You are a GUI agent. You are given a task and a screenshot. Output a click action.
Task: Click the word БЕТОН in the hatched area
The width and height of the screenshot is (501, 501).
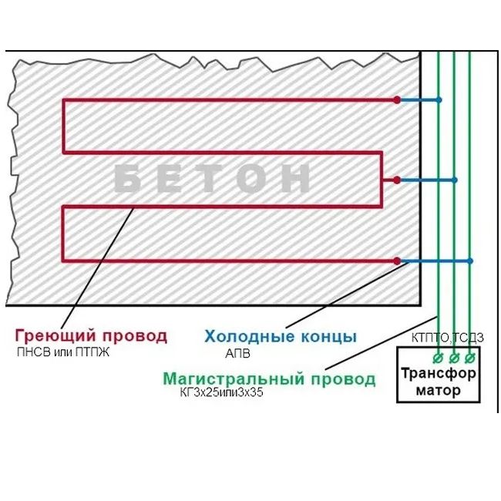click(212, 180)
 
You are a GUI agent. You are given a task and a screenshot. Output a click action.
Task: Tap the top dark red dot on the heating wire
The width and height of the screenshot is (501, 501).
click(397, 100)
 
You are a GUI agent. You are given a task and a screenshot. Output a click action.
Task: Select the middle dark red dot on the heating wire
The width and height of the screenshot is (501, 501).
click(397, 180)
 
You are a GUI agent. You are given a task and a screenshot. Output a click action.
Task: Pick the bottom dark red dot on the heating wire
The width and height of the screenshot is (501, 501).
click(397, 261)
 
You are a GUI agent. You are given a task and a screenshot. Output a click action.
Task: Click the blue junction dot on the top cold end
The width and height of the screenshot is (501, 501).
click(439, 100)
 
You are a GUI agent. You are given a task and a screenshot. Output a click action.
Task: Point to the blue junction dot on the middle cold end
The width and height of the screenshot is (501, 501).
click(455, 180)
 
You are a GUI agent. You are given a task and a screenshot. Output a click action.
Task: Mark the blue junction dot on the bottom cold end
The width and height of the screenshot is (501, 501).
click(469, 261)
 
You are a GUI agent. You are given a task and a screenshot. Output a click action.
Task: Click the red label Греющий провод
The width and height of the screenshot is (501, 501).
click(90, 336)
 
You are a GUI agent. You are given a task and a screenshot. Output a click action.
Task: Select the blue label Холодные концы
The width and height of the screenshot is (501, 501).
click(281, 336)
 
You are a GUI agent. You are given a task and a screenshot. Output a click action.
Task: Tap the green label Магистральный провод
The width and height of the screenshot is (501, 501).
click(269, 379)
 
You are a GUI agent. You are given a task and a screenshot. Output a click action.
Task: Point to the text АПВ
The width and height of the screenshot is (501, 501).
click(238, 353)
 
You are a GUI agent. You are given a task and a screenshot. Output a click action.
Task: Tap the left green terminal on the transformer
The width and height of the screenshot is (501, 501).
click(438, 358)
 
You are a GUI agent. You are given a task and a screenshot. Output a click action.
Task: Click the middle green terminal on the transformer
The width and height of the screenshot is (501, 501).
click(454, 358)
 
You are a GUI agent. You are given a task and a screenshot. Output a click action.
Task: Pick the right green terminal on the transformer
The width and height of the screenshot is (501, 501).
click(469, 358)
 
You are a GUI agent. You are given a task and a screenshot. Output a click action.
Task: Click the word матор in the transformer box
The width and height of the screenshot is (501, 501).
click(438, 390)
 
